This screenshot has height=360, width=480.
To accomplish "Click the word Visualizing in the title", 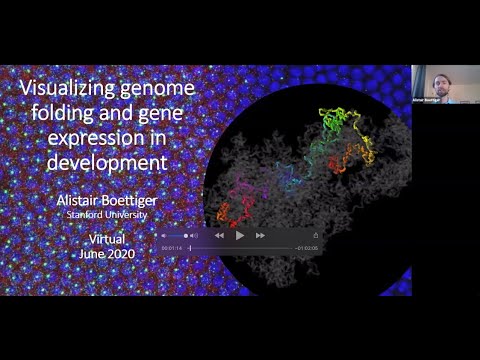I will coord(67,90).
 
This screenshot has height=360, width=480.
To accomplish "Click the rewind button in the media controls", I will coord(219,235).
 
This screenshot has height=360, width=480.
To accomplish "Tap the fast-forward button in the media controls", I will coord(260,235).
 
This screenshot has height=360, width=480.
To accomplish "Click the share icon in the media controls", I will coord(316,235).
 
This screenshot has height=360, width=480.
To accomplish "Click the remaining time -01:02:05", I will coord(308,247).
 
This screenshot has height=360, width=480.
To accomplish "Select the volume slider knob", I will coord(187,235).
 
